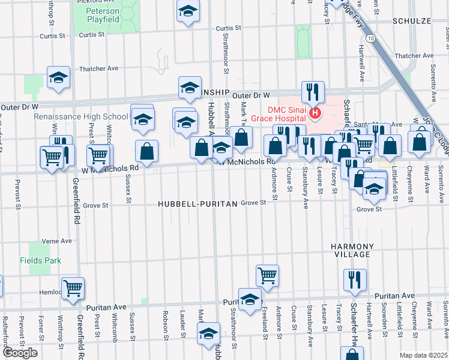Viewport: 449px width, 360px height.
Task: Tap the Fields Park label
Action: point(40,260)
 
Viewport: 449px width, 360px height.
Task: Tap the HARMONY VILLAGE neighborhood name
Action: point(352,251)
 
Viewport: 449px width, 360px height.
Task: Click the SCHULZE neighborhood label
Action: point(412,20)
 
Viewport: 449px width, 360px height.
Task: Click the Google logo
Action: point(20,352)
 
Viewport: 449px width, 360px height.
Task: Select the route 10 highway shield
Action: point(373,38)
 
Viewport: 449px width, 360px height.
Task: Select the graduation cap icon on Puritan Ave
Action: point(250,299)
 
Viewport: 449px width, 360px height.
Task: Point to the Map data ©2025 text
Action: point(424,355)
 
